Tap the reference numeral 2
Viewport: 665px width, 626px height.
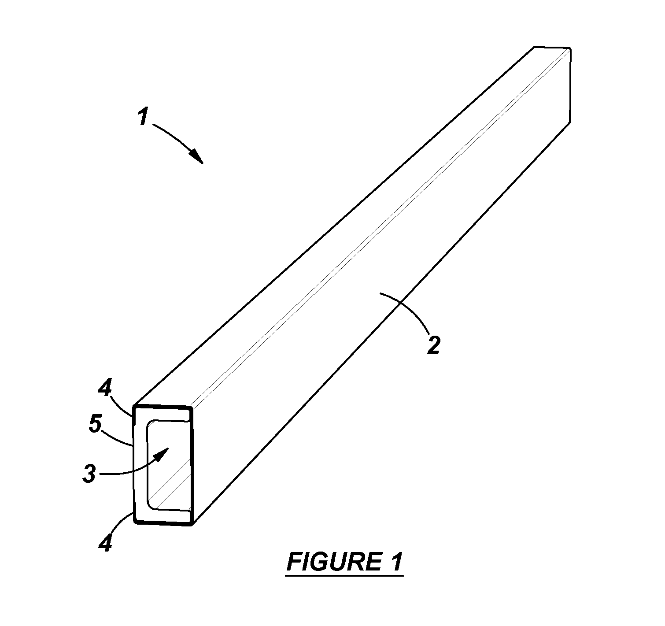coord(434,345)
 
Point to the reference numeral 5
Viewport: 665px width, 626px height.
coord(95,424)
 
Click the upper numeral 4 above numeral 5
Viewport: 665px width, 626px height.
coord(105,389)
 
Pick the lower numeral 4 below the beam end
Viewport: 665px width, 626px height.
coord(105,543)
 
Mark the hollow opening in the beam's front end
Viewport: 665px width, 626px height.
coord(167,466)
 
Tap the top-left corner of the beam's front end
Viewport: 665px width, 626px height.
coord(134,406)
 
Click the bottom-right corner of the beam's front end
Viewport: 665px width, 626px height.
coord(192,525)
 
